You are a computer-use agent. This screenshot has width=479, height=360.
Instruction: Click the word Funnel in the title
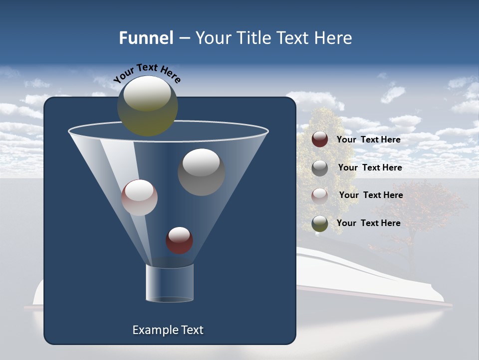(x=146, y=38)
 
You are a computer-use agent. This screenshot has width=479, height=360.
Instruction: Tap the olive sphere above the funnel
(x=147, y=105)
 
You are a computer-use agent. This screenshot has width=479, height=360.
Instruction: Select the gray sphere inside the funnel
(x=201, y=172)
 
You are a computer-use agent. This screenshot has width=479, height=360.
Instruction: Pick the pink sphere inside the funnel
(x=139, y=197)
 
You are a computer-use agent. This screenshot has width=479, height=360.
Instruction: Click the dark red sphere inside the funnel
(x=179, y=240)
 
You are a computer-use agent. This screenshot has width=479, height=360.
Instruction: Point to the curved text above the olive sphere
(x=147, y=73)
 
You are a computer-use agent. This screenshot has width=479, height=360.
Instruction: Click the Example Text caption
(x=168, y=330)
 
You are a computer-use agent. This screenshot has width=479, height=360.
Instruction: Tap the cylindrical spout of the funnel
(x=170, y=283)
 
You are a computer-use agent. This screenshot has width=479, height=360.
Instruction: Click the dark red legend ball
(x=320, y=139)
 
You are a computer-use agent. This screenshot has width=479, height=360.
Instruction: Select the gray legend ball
(x=320, y=167)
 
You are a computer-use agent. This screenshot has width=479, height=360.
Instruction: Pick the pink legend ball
(x=320, y=195)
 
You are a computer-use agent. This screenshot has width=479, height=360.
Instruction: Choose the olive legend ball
(x=320, y=223)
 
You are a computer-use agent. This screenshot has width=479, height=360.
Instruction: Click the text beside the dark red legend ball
(x=368, y=139)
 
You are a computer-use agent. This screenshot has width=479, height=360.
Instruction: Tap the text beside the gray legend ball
(x=370, y=167)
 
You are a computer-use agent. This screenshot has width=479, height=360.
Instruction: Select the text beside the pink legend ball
(x=371, y=195)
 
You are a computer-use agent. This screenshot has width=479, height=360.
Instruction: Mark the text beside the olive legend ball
(x=368, y=223)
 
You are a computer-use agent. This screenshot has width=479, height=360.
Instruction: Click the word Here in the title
(x=334, y=38)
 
